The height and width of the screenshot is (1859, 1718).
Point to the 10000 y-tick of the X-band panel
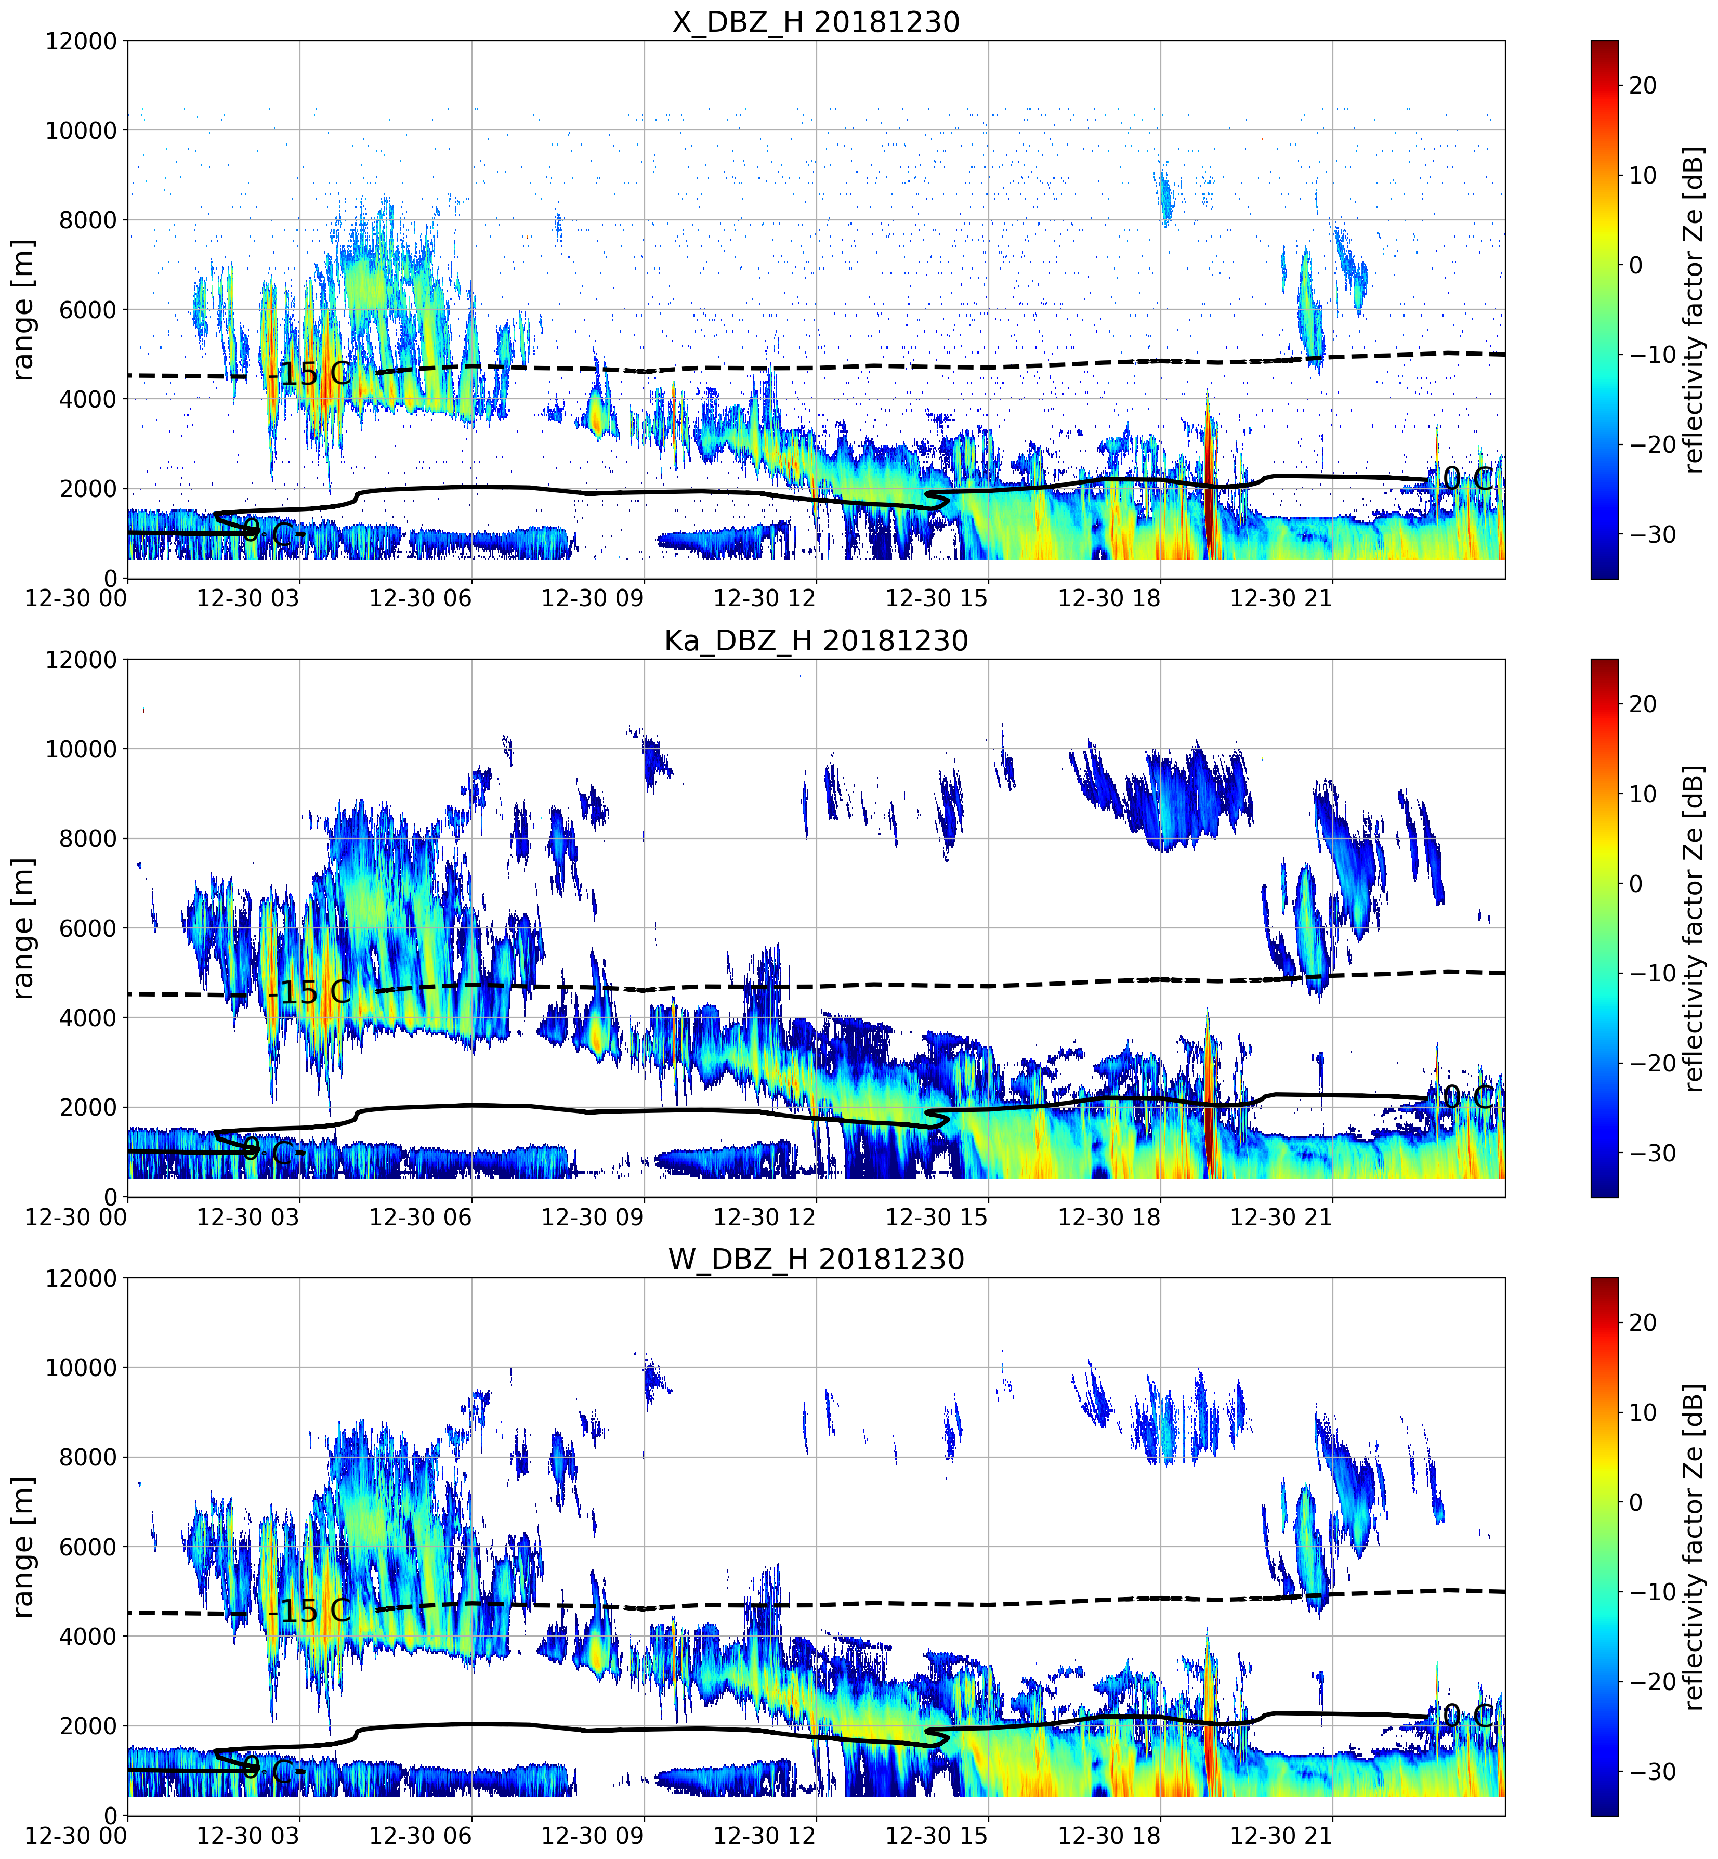[82, 131]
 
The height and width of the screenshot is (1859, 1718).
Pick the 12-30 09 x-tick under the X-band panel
[592, 598]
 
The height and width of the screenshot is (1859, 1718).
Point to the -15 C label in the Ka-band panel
[310, 993]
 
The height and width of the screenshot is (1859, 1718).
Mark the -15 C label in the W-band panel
[310, 1612]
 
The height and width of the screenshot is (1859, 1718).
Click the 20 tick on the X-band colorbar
[1643, 85]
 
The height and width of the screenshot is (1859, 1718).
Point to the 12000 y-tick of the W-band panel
[82, 1279]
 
